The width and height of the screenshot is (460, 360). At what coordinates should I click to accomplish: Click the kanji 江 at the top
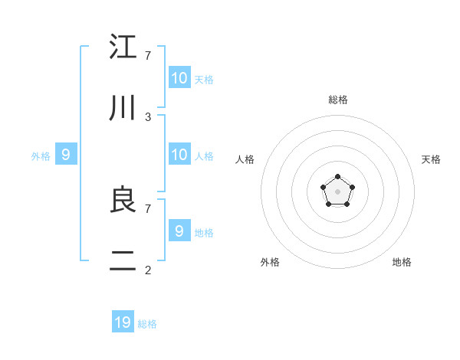pyautogui.click(x=123, y=47)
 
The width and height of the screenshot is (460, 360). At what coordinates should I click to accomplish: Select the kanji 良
pyautogui.click(x=123, y=201)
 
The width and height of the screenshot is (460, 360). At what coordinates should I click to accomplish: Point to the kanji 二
pyautogui.click(x=123, y=263)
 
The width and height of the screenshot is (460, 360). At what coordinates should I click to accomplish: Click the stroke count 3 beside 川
pyautogui.click(x=148, y=117)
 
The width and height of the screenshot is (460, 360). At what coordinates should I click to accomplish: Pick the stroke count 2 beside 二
pyautogui.click(x=148, y=270)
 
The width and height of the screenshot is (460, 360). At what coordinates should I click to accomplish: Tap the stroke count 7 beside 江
pyautogui.click(x=148, y=56)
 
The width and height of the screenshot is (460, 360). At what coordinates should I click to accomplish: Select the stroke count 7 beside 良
pyautogui.click(x=148, y=208)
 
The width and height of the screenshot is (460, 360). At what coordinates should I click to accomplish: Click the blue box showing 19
pyautogui.click(x=123, y=322)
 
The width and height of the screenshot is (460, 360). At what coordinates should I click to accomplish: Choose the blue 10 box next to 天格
pyautogui.click(x=179, y=78)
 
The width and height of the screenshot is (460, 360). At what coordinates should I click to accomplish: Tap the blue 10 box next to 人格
pyautogui.click(x=179, y=155)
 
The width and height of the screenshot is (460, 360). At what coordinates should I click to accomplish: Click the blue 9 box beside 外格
pyautogui.click(x=66, y=155)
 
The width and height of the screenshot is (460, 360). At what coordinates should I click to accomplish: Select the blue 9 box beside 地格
pyautogui.click(x=179, y=231)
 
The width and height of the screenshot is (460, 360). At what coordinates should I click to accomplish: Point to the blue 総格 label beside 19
pyautogui.click(x=147, y=324)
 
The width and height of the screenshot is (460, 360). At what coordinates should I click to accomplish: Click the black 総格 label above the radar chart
pyautogui.click(x=338, y=100)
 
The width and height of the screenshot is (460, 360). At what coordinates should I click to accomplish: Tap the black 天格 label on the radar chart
pyautogui.click(x=431, y=159)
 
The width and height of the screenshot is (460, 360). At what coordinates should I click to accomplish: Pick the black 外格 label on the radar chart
pyautogui.click(x=270, y=262)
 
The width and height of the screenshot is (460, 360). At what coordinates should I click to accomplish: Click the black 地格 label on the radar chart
pyautogui.click(x=402, y=262)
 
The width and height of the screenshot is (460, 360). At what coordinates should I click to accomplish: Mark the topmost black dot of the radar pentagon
pyautogui.click(x=337, y=178)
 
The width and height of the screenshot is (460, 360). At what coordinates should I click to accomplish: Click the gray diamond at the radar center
pyautogui.click(x=337, y=191)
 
